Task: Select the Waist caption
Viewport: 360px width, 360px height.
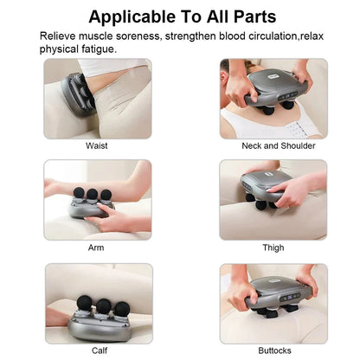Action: click(97, 145)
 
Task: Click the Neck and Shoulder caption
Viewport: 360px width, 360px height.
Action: click(273, 145)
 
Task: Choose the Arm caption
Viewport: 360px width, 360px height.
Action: click(97, 247)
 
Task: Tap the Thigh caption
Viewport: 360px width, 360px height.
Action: click(273, 247)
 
